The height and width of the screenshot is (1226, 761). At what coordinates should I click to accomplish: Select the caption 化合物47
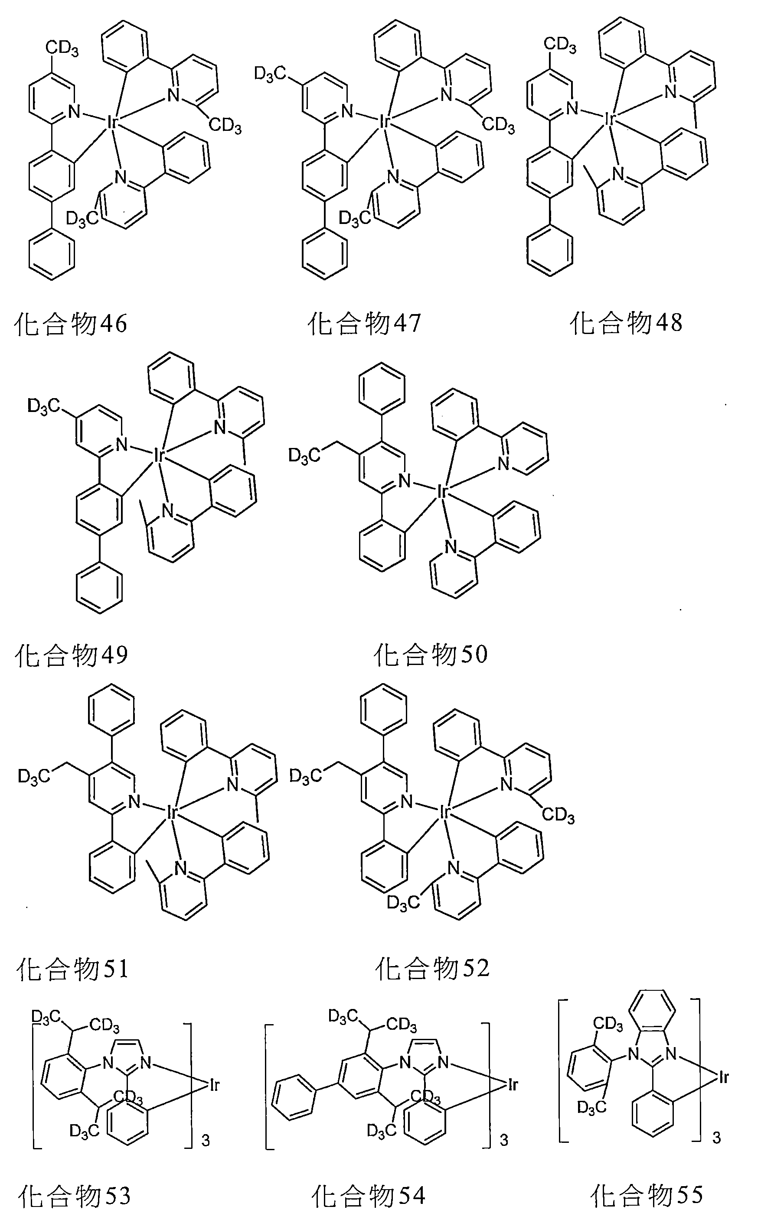(364, 323)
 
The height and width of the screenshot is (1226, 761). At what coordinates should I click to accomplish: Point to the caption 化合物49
(72, 655)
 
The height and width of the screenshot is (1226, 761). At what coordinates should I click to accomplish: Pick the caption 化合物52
(432, 968)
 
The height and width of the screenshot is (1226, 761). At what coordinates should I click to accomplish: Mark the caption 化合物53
(74, 1195)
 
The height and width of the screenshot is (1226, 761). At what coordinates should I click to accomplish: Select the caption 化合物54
(369, 1195)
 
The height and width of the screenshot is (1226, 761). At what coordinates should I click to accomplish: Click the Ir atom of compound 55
(723, 1078)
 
